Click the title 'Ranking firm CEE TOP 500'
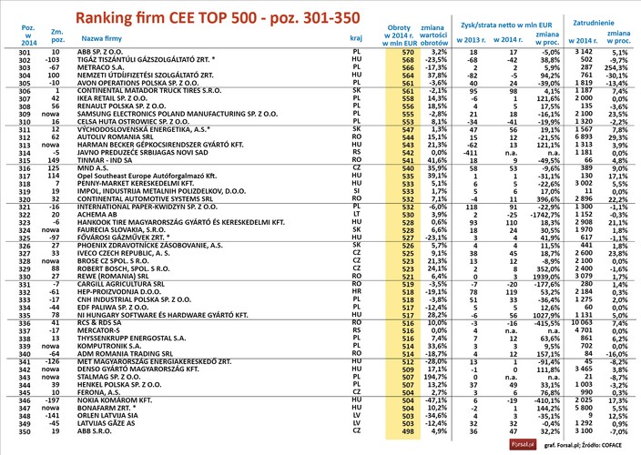(x=217, y=17)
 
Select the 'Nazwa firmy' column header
(x=103, y=40)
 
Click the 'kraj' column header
(x=356, y=40)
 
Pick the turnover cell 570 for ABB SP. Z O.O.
(x=409, y=54)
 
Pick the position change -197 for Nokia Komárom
(x=57, y=399)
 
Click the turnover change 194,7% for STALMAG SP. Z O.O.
(x=442, y=376)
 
